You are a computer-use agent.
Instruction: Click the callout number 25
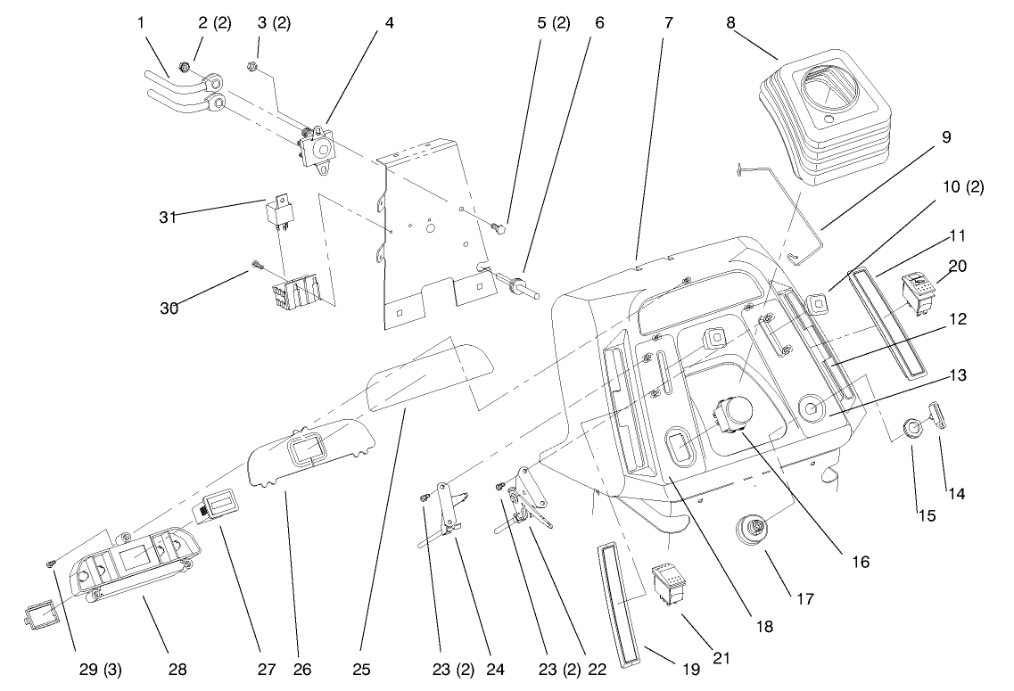pos(361,668)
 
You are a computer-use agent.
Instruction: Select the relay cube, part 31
pos(277,213)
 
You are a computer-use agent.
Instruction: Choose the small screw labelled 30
pos(257,264)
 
